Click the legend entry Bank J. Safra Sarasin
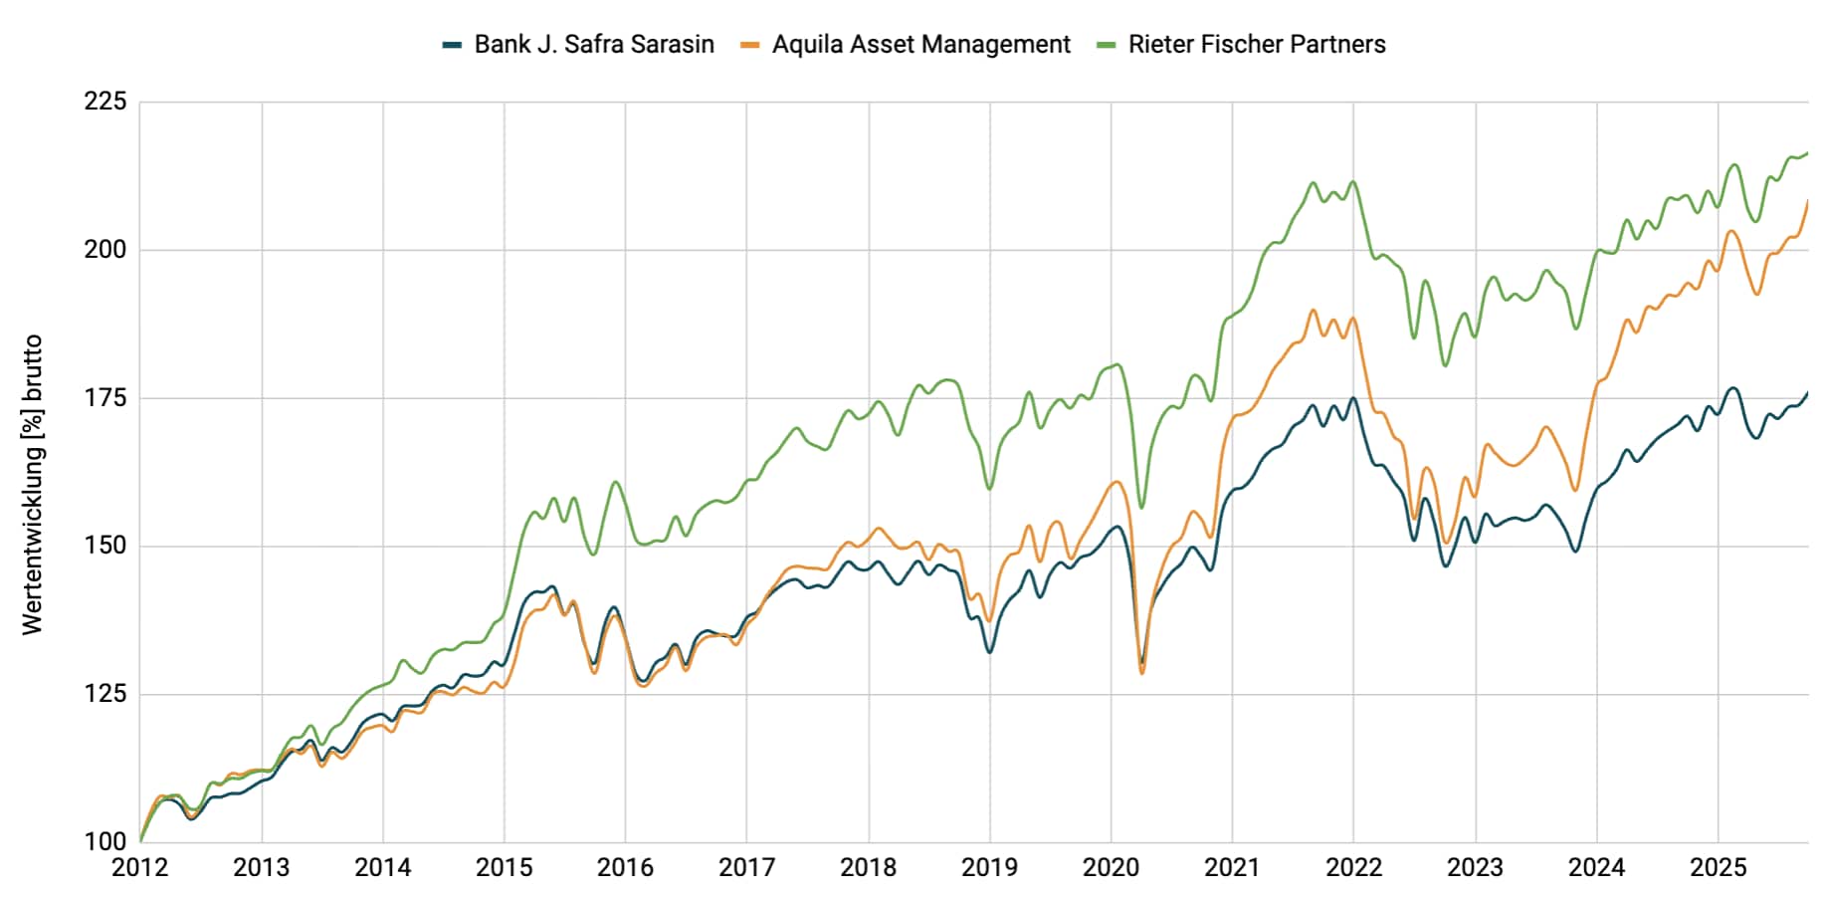pyautogui.click(x=593, y=45)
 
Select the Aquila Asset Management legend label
pyautogui.click(x=920, y=45)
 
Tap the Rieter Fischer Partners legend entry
pyautogui.click(x=1256, y=45)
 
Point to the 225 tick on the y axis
pyautogui.click(x=105, y=102)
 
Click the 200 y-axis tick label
pyautogui.click(x=105, y=250)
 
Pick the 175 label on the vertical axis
pyautogui.click(x=105, y=398)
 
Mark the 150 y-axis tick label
pyautogui.click(x=105, y=546)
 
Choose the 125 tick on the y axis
pyautogui.click(x=105, y=694)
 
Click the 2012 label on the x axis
pyautogui.click(x=139, y=868)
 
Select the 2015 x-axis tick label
pyautogui.click(x=504, y=868)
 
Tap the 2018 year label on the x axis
pyautogui.click(x=868, y=868)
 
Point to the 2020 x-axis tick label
pyautogui.click(x=1111, y=868)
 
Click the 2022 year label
pyautogui.click(x=1353, y=868)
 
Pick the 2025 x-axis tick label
pyautogui.click(x=1718, y=868)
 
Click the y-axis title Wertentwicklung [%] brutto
pyautogui.click(x=33, y=485)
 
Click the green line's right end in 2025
pyautogui.click(x=1807, y=153)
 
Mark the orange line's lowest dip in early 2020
pyautogui.click(x=1142, y=673)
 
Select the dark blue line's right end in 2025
pyautogui.click(x=1807, y=393)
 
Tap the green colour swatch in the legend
pyautogui.click(x=1106, y=45)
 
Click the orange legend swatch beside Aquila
pyautogui.click(x=750, y=45)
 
